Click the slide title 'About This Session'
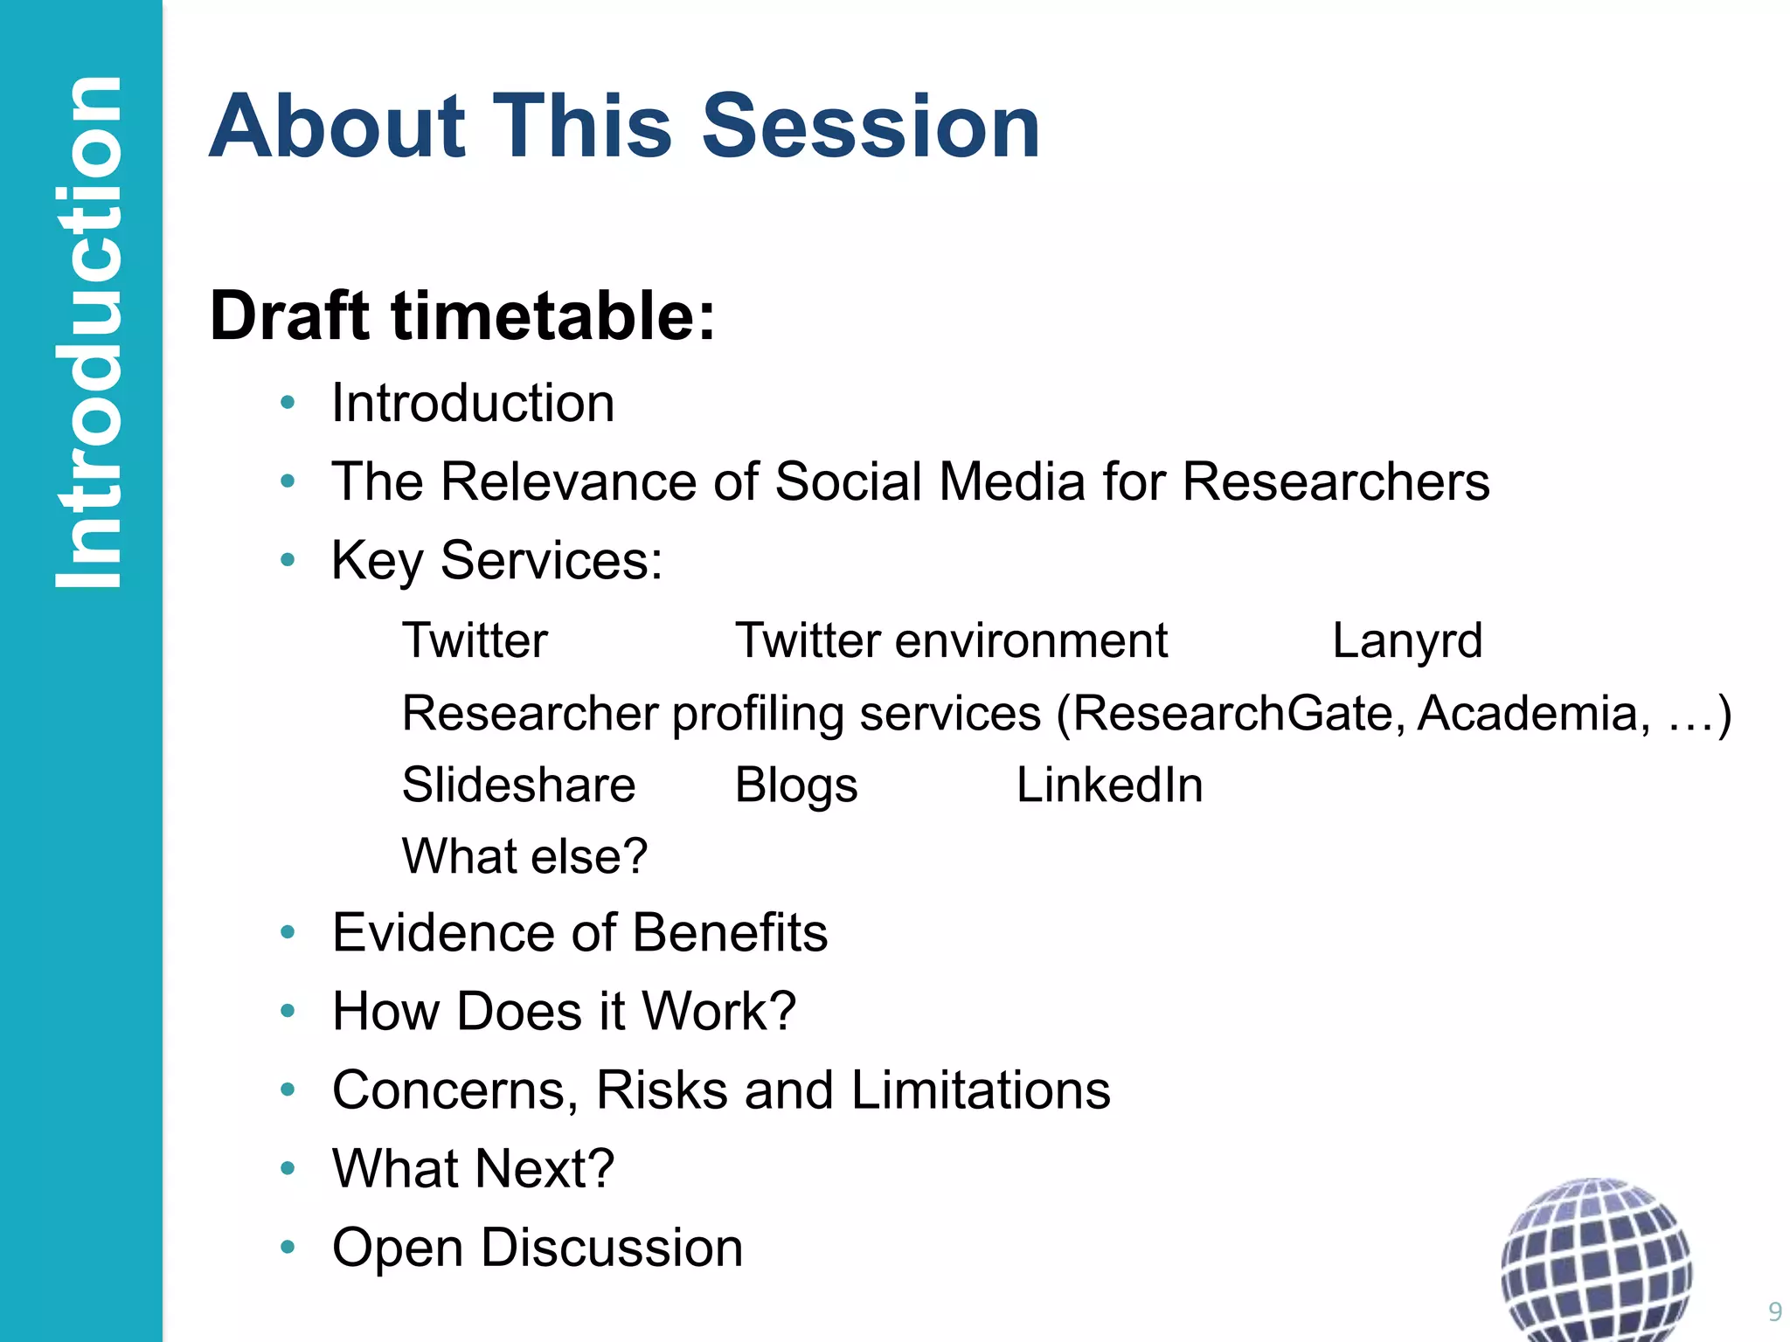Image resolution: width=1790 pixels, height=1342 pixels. [624, 127]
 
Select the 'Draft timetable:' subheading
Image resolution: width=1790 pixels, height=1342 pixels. [462, 315]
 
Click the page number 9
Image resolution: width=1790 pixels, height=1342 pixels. [1774, 1311]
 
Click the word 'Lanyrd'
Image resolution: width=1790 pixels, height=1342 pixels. [1407, 640]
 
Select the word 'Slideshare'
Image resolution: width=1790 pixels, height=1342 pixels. [518, 785]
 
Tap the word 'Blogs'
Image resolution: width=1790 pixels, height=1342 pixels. [796, 785]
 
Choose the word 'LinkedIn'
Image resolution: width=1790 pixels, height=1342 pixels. [1109, 785]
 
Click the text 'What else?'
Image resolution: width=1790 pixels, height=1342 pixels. [524, 855]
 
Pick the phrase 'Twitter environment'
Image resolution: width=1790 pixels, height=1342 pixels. [951, 640]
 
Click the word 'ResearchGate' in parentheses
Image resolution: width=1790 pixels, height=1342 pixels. [1238, 713]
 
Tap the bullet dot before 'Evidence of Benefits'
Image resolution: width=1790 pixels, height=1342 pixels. [288, 932]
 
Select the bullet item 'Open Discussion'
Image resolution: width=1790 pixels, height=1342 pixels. [538, 1247]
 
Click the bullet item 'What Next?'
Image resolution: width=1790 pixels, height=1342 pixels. [474, 1168]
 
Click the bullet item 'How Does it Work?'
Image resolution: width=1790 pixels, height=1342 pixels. [564, 1011]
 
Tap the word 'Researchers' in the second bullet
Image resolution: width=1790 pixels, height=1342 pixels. [1336, 481]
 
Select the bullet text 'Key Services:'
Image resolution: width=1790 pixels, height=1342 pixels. [496, 560]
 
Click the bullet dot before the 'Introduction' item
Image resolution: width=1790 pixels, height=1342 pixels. [288, 403]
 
